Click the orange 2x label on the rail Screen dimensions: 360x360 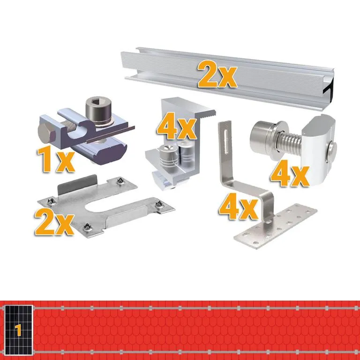(x=217, y=74)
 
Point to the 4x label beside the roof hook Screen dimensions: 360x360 (x=239, y=206)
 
